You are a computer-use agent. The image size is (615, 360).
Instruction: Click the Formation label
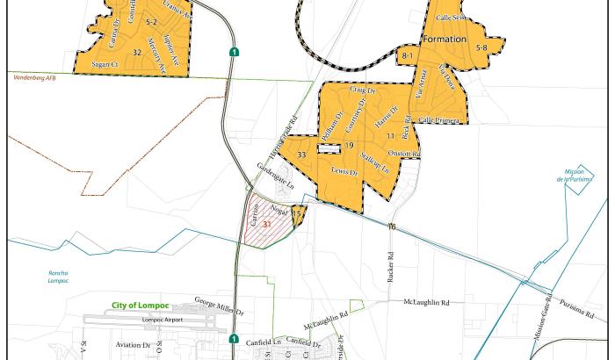pos(444,40)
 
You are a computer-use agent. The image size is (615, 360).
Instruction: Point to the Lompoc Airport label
pos(162,320)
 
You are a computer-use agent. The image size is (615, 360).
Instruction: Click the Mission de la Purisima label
pos(575,176)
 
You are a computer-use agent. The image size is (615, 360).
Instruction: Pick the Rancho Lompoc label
pos(58,277)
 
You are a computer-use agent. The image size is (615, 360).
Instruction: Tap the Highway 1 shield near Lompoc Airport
pos(234,339)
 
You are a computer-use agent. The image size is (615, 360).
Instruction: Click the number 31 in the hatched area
pos(266,226)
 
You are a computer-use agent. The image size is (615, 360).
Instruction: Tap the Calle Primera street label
pos(438,120)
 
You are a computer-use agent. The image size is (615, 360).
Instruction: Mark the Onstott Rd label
pos(404,154)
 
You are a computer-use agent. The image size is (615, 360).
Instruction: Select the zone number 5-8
pos(481,48)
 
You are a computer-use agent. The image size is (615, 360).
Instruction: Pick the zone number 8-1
pos(407,56)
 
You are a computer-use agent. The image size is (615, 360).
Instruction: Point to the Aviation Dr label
pos(133,345)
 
